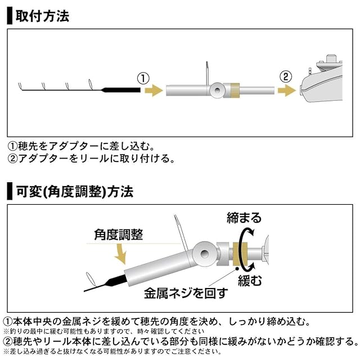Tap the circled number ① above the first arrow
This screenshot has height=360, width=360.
(x=144, y=77)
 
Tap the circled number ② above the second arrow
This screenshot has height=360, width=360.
(x=286, y=77)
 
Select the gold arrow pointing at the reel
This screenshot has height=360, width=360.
(x=287, y=90)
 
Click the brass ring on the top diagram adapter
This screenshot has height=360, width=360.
(x=233, y=90)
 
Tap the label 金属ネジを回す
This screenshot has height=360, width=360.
(x=186, y=292)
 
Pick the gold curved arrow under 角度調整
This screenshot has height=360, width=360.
(x=121, y=256)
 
